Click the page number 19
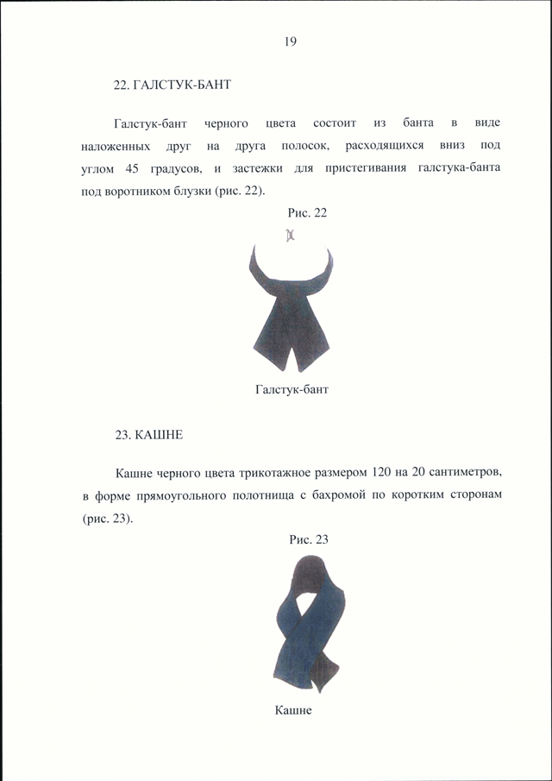(290, 41)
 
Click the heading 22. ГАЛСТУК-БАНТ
(172, 86)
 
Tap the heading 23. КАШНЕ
(148, 435)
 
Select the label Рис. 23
(309, 539)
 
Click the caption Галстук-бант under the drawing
(292, 389)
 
